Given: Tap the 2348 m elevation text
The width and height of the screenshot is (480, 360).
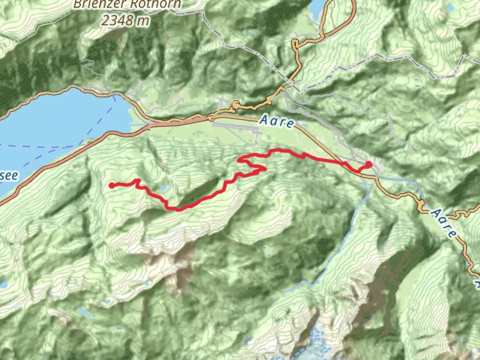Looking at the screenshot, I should (125, 21).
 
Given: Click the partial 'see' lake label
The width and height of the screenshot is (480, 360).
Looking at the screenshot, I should (9, 175).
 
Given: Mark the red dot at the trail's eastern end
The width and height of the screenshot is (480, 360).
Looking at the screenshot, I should (369, 164).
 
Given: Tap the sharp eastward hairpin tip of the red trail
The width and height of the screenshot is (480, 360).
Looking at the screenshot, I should (265, 169).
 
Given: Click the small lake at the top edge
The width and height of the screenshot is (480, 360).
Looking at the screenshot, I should (317, 8).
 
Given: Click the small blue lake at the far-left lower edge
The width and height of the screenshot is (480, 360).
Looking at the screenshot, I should (4, 284).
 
